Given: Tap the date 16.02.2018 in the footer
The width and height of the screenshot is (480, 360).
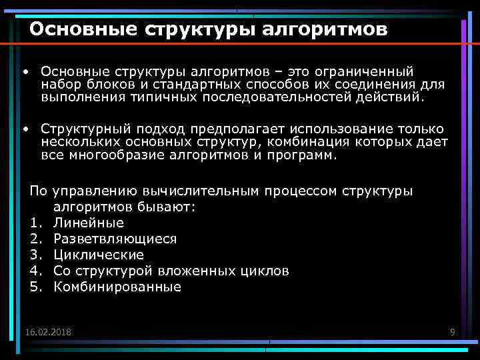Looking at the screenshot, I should (48, 332).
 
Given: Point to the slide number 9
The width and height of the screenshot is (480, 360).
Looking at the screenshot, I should (453, 332).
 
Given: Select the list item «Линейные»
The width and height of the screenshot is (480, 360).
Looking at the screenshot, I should (89, 223).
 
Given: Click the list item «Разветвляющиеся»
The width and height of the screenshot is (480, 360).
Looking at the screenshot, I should (115, 239).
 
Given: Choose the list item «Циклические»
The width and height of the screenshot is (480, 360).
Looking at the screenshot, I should (99, 255).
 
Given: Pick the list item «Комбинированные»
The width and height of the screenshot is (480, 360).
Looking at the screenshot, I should (117, 287).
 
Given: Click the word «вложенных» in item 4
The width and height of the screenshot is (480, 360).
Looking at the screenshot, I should (201, 271).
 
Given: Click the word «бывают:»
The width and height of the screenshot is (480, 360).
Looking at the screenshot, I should (169, 207).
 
